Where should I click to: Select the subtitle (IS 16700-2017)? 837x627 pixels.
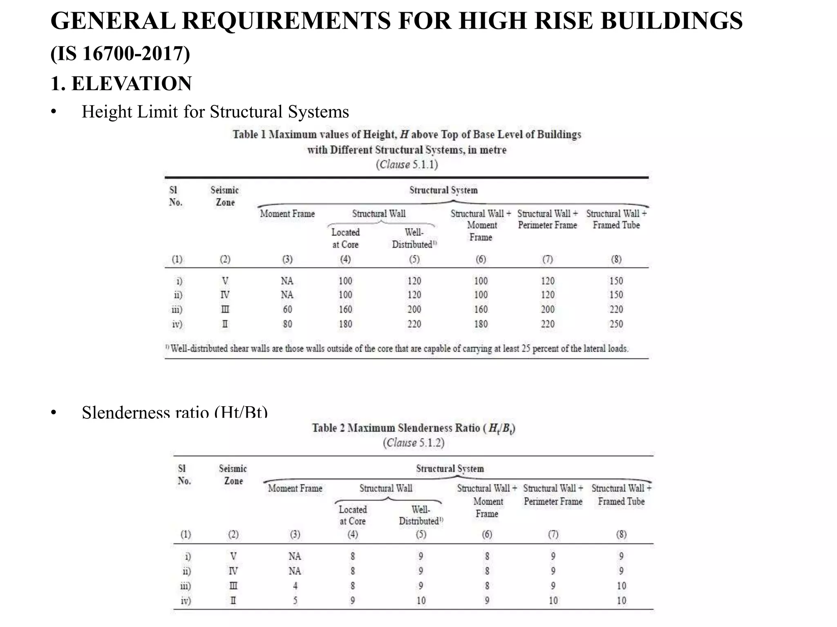[x=120, y=53]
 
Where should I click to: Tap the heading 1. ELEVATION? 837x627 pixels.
[x=121, y=83]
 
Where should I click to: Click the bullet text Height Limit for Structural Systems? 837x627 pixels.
[x=215, y=112]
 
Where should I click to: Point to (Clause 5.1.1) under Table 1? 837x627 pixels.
[x=407, y=165]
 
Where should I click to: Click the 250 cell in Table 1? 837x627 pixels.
[x=616, y=324]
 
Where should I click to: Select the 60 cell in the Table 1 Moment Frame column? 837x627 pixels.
[x=287, y=309]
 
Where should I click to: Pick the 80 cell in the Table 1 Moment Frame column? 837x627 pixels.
[x=287, y=324]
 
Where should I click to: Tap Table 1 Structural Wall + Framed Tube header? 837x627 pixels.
[x=616, y=219]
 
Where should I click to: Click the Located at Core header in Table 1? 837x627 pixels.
[x=345, y=238]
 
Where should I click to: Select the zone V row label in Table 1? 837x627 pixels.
[x=225, y=281]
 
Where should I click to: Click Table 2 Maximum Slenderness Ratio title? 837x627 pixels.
[x=413, y=428]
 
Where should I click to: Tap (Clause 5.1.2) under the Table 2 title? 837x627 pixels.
[x=413, y=443]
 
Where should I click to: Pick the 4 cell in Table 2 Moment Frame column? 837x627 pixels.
[x=295, y=586]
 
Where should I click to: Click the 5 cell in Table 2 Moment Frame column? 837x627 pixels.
[x=295, y=600]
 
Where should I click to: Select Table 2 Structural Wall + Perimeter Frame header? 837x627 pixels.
[x=553, y=495]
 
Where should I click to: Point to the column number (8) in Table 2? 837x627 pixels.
[x=621, y=534]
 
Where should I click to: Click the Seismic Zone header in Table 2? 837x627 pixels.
[x=233, y=475]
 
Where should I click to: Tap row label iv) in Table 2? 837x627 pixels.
[x=186, y=600]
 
